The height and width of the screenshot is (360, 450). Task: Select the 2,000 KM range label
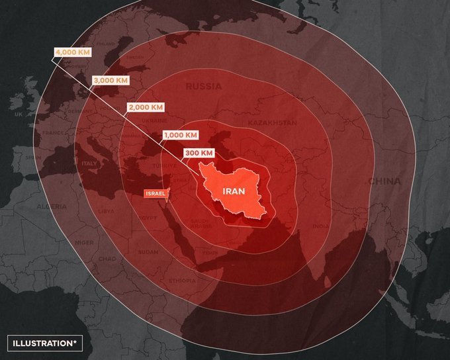point(145,107)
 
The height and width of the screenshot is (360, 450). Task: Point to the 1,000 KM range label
point(180,134)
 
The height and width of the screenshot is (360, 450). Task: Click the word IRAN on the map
point(234,191)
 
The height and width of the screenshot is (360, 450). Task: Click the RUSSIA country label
point(203,87)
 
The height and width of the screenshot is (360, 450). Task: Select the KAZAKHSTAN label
point(272,123)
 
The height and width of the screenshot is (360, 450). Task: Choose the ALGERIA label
point(51,206)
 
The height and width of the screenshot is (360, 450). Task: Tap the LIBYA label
point(106,211)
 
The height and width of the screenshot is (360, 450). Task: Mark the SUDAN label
point(148,252)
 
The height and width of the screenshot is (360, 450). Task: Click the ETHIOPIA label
point(183,280)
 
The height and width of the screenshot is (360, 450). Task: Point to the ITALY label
point(89,163)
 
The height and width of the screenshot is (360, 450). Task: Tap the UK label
point(19,114)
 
